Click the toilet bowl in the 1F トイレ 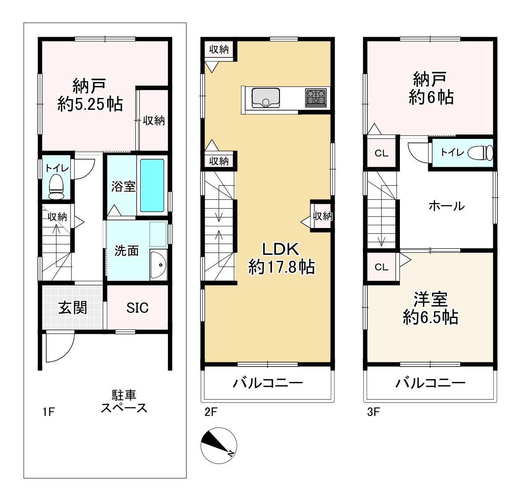pyautogui.click(x=56, y=187)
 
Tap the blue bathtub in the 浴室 pyautogui.click(x=152, y=185)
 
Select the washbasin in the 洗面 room pyautogui.click(x=158, y=265)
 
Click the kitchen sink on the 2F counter pyautogui.click(x=266, y=98)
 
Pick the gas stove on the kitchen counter pyautogui.click(x=316, y=98)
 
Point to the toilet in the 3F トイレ pyautogui.click(x=481, y=153)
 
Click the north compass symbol pyautogui.click(x=219, y=446)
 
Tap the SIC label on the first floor pyautogui.click(x=138, y=308)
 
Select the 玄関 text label pyautogui.click(x=73, y=308)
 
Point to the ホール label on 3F pyautogui.click(x=447, y=206)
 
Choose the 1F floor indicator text pyautogui.click(x=48, y=412)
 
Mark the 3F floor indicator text pyautogui.click(x=373, y=412)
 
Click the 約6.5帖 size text pyautogui.click(x=430, y=318)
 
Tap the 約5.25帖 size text pyautogui.click(x=90, y=104)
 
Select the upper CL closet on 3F pyautogui.click(x=381, y=153)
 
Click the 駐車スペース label pyautogui.click(x=124, y=402)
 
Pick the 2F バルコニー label pyautogui.click(x=268, y=383)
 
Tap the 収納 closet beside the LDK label pyautogui.click(x=321, y=216)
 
